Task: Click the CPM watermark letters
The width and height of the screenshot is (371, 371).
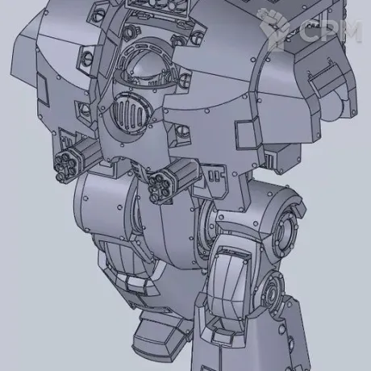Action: pyautogui.click(x=330, y=31)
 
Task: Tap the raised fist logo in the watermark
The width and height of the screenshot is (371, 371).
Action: pyautogui.click(x=273, y=27)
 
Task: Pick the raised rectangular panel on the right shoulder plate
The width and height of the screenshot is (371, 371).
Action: pyautogui.click(x=248, y=134)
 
